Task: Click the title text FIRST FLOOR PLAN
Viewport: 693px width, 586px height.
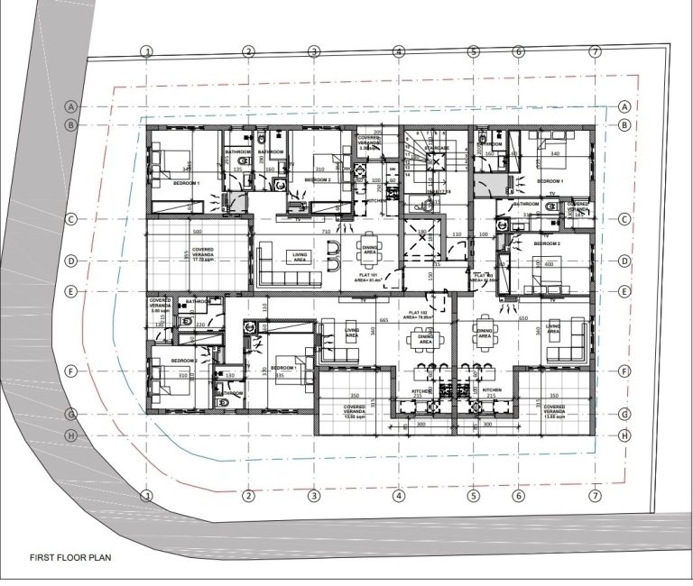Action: coord(70,557)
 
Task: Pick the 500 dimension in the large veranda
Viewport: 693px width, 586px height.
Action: coord(197,230)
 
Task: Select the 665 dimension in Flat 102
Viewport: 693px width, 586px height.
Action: coord(383,320)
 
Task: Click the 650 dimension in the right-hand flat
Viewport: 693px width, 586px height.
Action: coord(522,320)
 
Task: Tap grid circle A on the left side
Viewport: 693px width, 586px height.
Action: coord(69,106)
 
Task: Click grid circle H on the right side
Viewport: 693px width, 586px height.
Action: coord(624,435)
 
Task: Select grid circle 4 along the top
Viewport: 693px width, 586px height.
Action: coord(399,51)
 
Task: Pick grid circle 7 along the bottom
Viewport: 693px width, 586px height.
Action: coord(595,496)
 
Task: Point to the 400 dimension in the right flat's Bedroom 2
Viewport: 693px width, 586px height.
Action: coord(549,264)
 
